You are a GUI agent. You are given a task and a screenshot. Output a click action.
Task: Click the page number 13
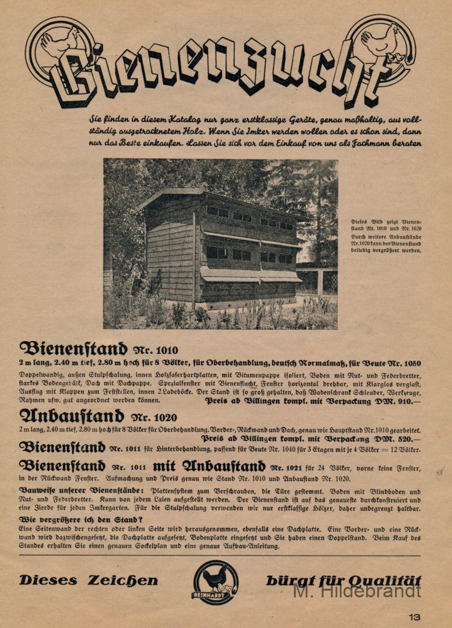click(x=415, y=617)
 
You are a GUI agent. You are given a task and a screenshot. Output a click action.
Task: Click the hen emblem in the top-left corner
click(x=60, y=46)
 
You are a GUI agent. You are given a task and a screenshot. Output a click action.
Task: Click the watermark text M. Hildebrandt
click(x=357, y=591)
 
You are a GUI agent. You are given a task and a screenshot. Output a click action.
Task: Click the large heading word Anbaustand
click(x=72, y=416)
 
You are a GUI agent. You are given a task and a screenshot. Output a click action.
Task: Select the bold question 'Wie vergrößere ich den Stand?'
click(x=77, y=519)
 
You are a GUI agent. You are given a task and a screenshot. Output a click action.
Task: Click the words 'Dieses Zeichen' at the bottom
click(x=88, y=580)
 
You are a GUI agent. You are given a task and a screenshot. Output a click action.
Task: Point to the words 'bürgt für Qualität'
click(x=343, y=580)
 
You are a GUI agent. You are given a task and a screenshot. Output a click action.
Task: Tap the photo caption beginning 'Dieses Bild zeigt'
click(x=386, y=235)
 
